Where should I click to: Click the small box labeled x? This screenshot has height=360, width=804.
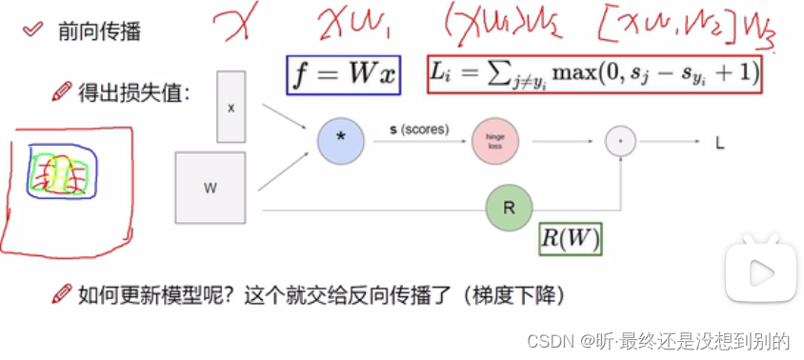coord(231,108)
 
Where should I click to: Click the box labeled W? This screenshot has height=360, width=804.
coord(210,188)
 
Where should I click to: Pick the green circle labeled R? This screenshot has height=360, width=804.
coord(509,208)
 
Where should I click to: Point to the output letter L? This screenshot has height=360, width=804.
coord(721,143)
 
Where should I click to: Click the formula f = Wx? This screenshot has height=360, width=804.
coord(343,74)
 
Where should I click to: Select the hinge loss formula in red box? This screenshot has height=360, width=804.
coord(595,73)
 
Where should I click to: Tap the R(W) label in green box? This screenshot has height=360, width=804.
coord(571,238)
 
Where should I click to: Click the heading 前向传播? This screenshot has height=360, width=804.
coord(106,32)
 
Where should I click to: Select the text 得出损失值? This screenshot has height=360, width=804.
coord(133,93)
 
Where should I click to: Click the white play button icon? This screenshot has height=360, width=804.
coord(760,273)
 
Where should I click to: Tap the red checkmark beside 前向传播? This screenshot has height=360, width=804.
coord(33,30)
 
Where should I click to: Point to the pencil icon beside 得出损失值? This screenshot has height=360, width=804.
coord(61,92)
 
